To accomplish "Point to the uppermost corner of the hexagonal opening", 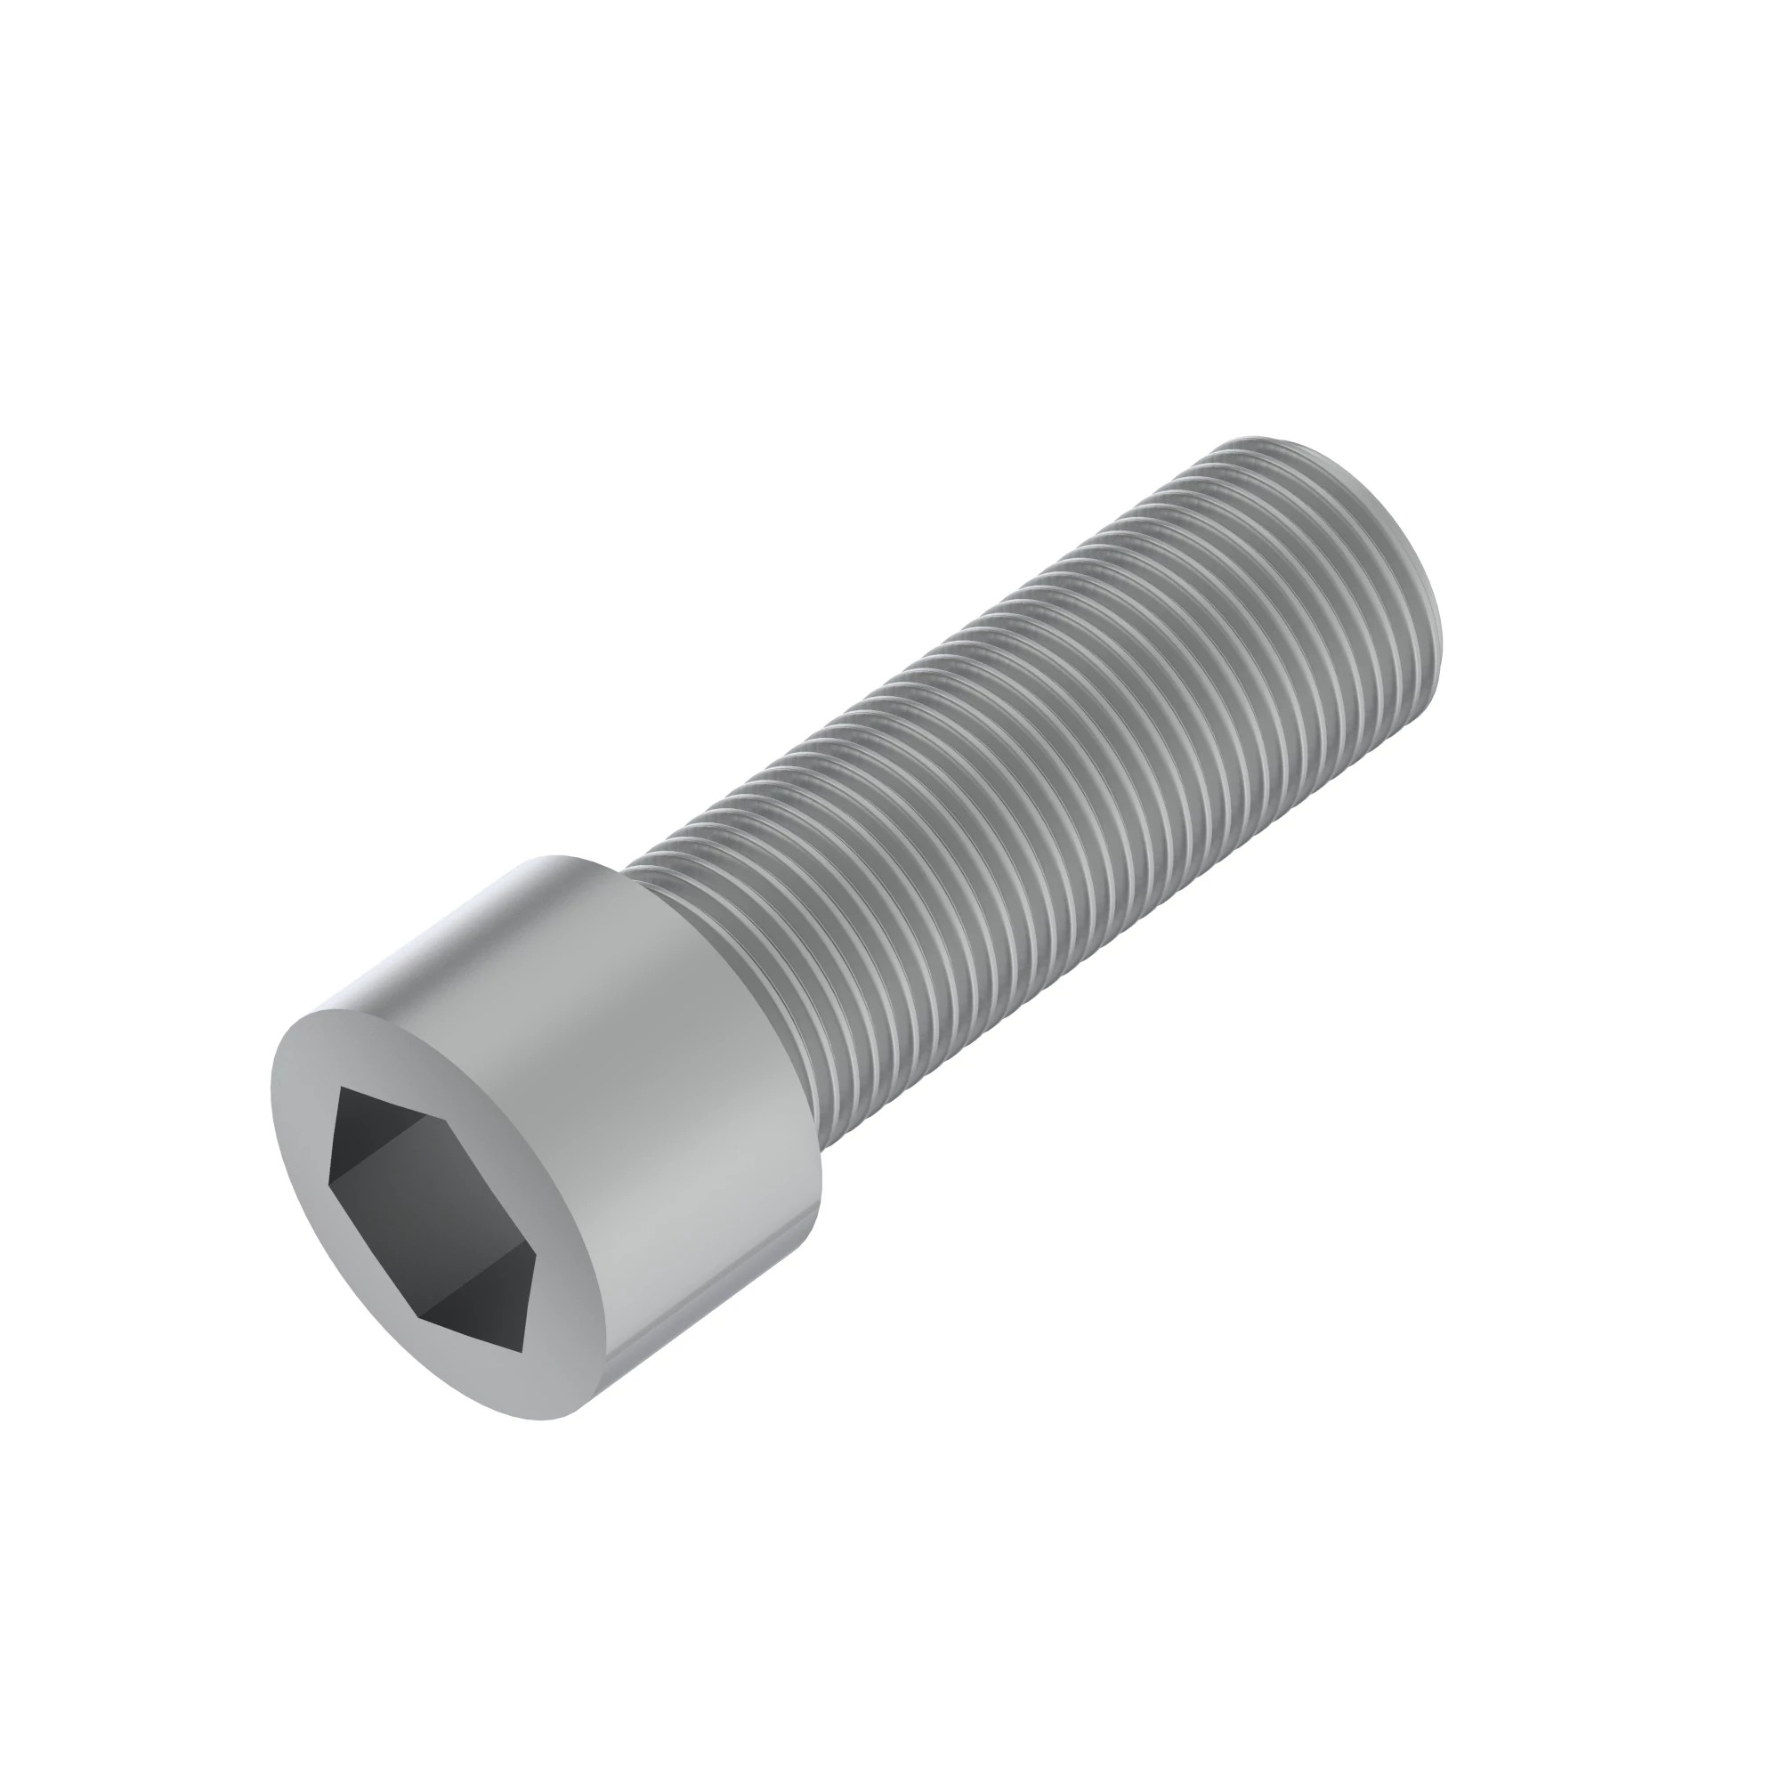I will pyautogui.click(x=342, y=1088).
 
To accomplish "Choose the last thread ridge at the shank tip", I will pyautogui.click(x=1327, y=553).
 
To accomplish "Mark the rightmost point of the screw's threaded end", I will pyautogui.click(x=1438, y=590).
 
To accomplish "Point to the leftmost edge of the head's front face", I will pyautogui.click(x=272, y=1088).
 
